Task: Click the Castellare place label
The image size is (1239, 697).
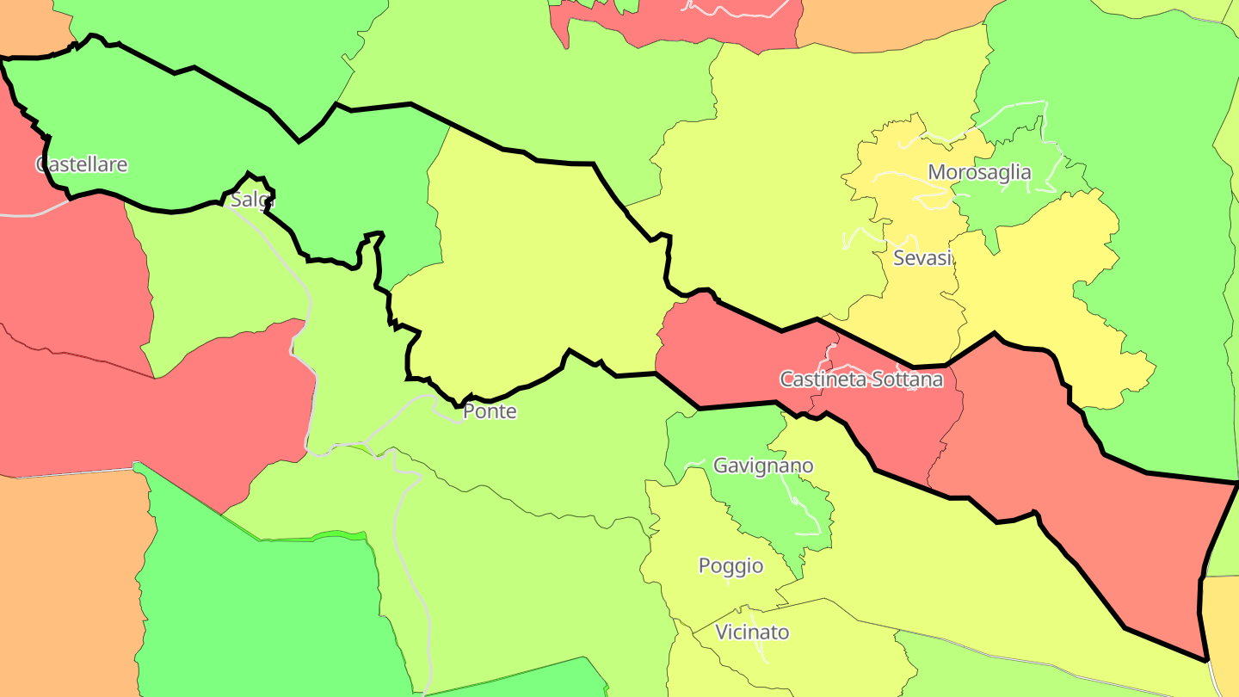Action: (82, 164)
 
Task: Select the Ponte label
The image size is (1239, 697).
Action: (490, 411)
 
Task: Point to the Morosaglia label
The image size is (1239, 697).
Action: (979, 172)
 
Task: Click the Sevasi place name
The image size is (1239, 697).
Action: (922, 258)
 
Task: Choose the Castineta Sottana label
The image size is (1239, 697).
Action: (861, 379)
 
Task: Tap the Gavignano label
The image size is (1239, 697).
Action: (763, 466)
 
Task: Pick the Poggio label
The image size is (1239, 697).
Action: (730, 565)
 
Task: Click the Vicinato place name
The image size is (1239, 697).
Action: (752, 632)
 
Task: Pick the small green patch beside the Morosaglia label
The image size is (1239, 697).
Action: (1015, 202)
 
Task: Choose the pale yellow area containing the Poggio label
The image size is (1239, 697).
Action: (688, 551)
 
